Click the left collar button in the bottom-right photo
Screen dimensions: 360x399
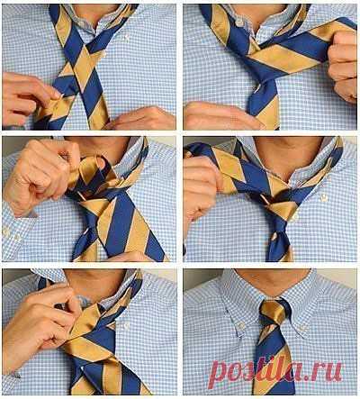240,325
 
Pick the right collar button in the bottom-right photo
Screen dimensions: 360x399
303,328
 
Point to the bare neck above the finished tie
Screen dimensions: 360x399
272,282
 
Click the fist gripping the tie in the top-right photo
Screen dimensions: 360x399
343,66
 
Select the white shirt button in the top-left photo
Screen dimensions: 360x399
127,38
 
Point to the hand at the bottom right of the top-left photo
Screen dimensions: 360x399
142,119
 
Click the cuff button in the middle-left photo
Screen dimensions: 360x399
6,232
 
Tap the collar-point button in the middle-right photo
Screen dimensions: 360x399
323,198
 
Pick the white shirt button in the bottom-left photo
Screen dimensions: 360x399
126,326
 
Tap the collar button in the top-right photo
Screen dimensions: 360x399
239,22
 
